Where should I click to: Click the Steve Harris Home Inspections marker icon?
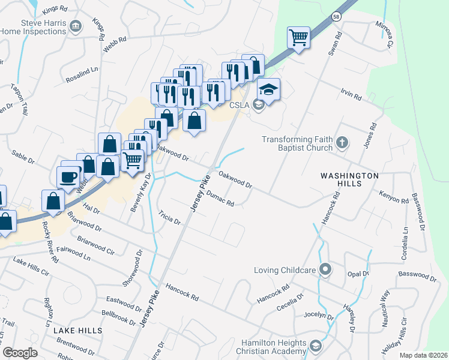tap(76, 26)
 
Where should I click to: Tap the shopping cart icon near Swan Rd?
tap(298, 38)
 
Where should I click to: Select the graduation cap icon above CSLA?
tap(268, 89)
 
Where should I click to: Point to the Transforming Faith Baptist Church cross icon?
tap(342, 143)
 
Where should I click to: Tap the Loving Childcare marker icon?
tap(325, 269)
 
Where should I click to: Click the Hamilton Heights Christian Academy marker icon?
tap(316, 346)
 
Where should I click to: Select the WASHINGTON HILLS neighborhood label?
tap(349, 176)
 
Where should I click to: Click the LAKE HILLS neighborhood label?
tap(77, 331)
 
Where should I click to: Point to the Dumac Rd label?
tap(219, 198)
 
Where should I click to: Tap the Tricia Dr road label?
tap(170, 217)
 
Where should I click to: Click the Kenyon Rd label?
tap(393, 196)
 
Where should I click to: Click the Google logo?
tap(20, 353)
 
